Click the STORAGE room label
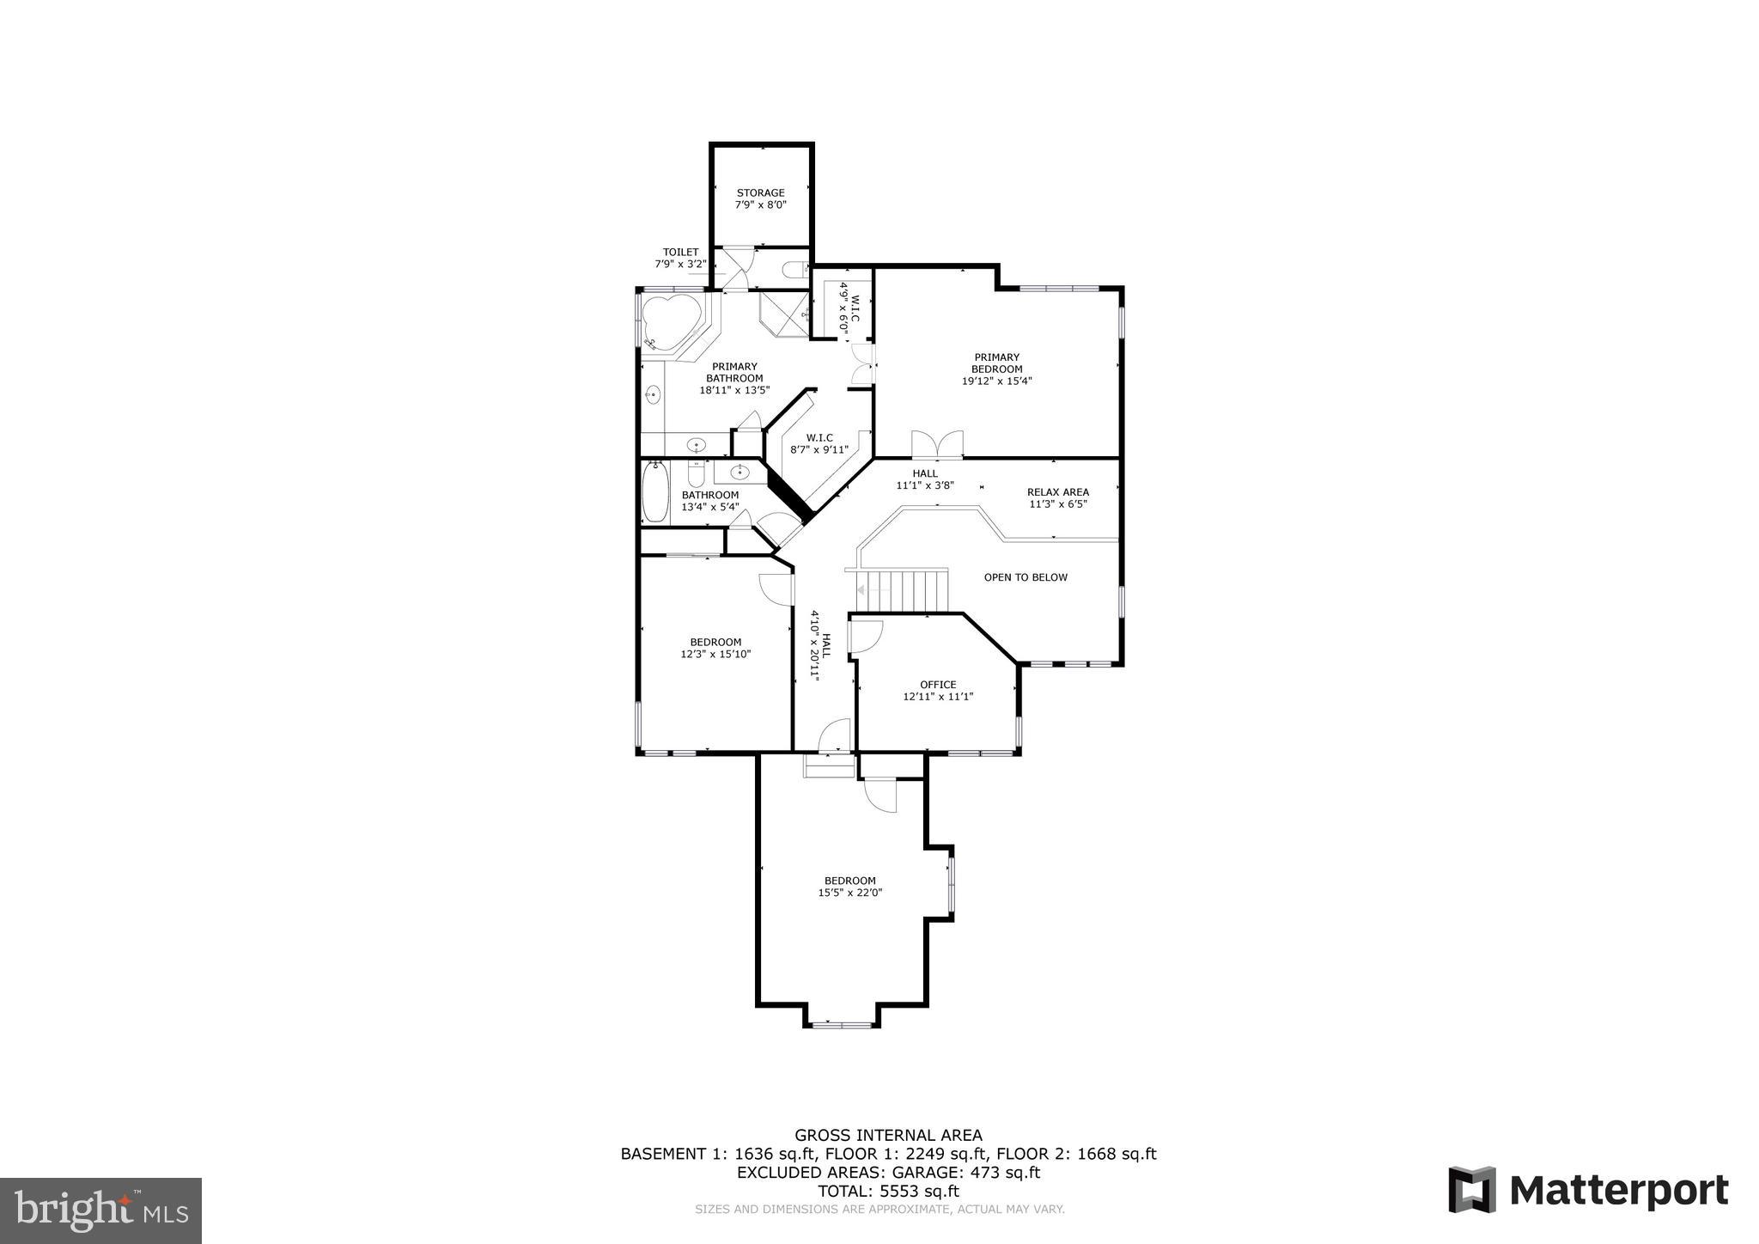tap(760, 193)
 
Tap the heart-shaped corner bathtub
tap(671, 324)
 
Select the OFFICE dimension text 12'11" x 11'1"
tap(938, 697)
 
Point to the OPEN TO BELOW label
tap(1026, 577)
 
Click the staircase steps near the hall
tap(906, 590)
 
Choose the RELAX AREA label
tap(1058, 492)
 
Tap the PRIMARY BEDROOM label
tap(996, 363)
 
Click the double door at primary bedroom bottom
tap(937, 445)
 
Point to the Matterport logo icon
tap(1472, 1190)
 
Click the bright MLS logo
tap(100, 1210)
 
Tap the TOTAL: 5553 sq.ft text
tap(888, 1191)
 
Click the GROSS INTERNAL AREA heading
tap(888, 1135)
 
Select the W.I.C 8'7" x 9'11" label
tap(819, 443)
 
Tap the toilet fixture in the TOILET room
tap(795, 269)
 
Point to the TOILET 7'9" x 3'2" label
tap(680, 258)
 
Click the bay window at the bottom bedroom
tap(843, 1024)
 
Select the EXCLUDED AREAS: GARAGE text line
tap(888, 1172)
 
